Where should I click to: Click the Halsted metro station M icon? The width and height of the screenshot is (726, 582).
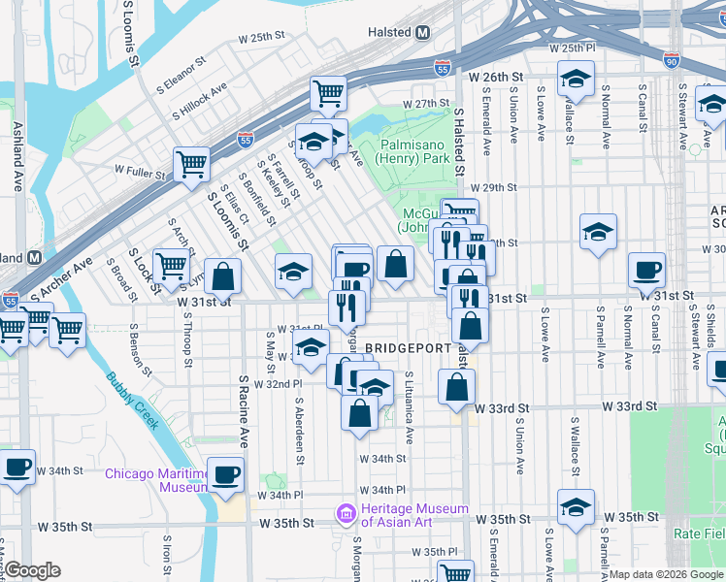(x=422, y=32)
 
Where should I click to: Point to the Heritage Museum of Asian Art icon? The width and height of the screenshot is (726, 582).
(x=345, y=511)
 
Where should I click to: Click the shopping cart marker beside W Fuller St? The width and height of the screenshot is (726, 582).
(x=192, y=163)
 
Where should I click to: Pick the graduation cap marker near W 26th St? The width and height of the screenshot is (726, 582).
(x=577, y=80)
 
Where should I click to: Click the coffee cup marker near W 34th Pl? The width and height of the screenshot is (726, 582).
(x=225, y=474)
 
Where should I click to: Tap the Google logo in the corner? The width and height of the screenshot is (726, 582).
(x=32, y=570)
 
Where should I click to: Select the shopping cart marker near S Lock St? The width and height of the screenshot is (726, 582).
(x=171, y=263)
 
